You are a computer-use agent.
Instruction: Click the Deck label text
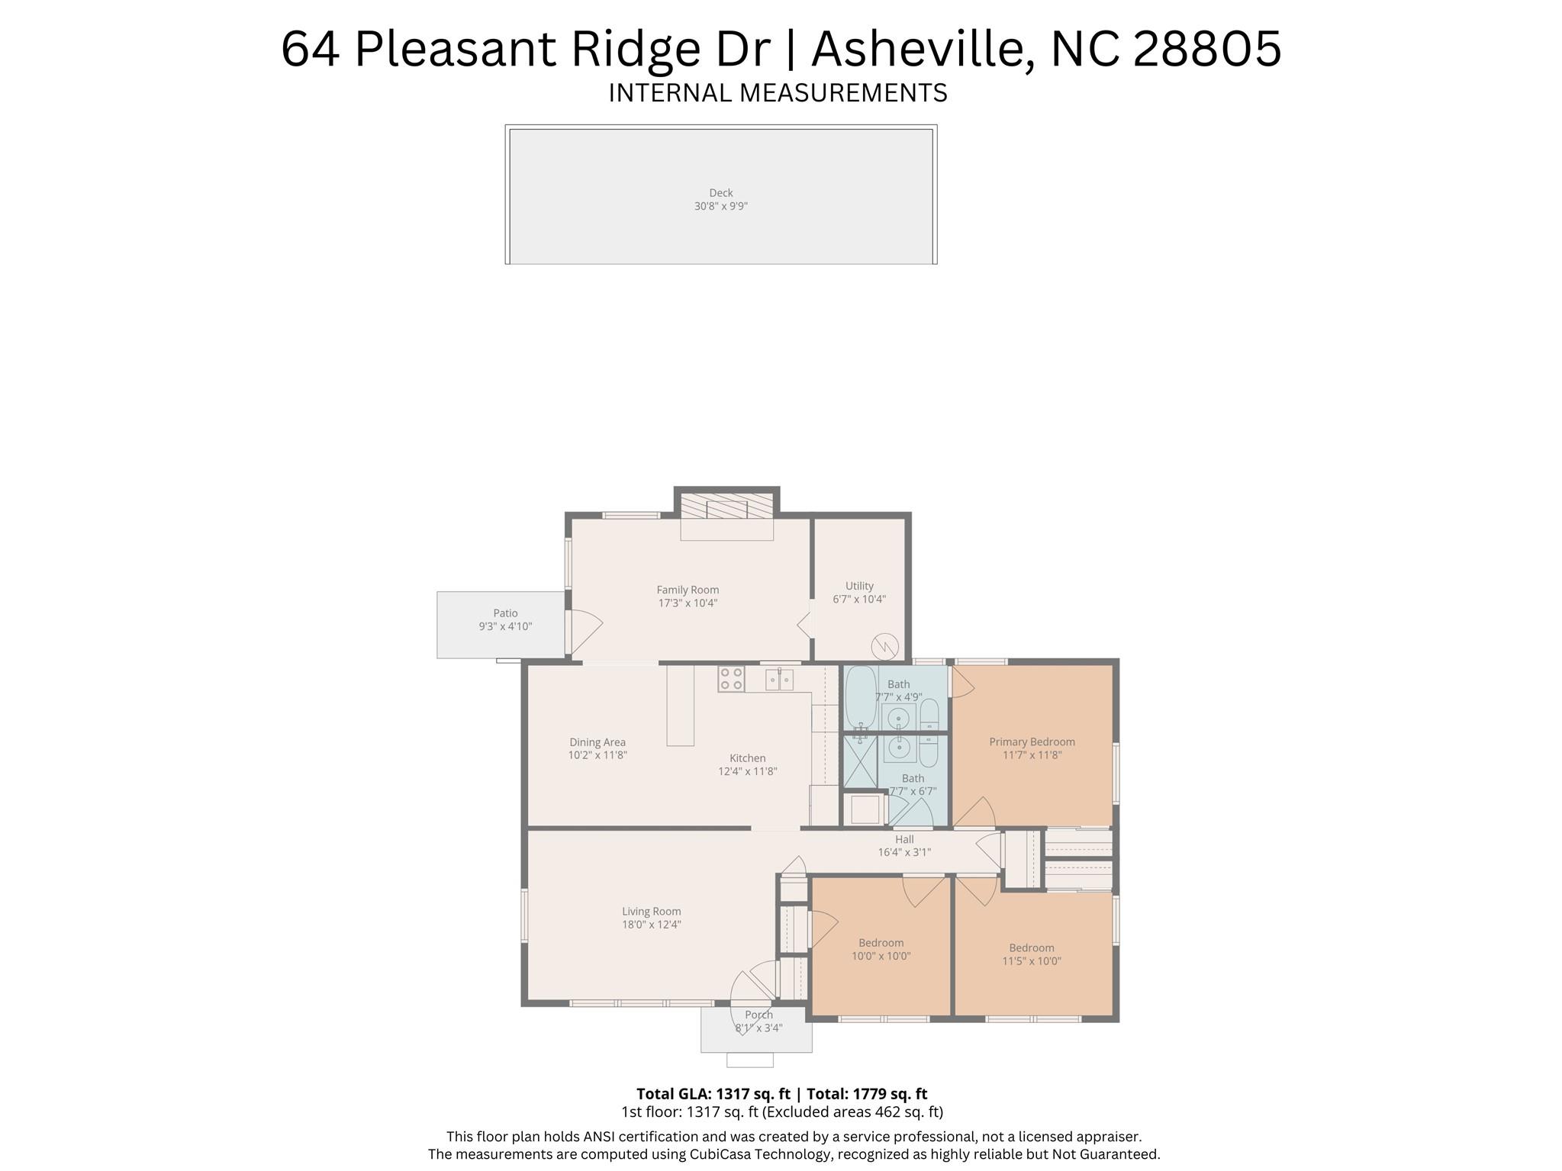[x=720, y=193]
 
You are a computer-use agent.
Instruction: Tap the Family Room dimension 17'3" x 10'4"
[x=688, y=603]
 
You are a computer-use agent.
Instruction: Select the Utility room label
[x=859, y=586]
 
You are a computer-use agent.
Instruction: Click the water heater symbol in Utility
[x=884, y=645]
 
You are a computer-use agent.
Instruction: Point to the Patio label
[x=505, y=613]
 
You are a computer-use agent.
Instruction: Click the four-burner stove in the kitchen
[x=731, y=679]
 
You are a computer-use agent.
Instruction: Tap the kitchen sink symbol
[x=779, y=679]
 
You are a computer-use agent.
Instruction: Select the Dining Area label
[x=597, y=742]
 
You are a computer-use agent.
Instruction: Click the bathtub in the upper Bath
[x=861, y=696]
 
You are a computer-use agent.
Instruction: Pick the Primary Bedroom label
[x=1032, y=742]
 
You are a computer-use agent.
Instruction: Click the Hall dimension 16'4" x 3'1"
[x=904, y=852]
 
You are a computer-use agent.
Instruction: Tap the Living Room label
[x=651, y=911]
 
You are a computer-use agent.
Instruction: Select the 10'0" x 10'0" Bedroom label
[x=881, y=943]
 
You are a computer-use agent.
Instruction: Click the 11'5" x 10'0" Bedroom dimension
[x=1032, y=961]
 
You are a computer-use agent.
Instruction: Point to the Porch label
[x=758, y=1015]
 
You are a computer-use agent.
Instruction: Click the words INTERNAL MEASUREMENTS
[x=778, y=93]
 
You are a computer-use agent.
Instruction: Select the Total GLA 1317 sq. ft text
[x=713, y=1093]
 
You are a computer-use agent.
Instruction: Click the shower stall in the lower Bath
[x=859, y=761]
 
